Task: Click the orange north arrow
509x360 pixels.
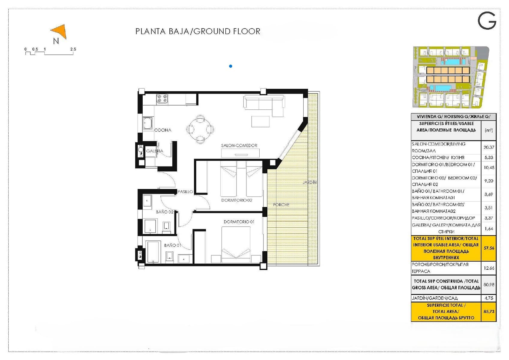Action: click(60, 31)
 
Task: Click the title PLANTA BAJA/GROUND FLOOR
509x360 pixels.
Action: click(198, 31)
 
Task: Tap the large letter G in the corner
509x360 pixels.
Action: click(487, 21)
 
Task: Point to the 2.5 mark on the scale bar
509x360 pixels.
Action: click(73, 49)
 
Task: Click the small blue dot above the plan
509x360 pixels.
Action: click(231, 66)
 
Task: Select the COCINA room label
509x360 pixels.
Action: click(163, 130)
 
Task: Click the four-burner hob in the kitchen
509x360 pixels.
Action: click(162, 99)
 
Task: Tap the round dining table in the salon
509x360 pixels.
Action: click(200, 129)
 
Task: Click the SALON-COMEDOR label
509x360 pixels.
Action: click(239, 145)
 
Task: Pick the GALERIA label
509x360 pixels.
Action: click(155, 151)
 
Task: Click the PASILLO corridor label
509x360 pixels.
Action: click(185, 191)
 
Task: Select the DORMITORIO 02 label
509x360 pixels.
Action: click(237, 200)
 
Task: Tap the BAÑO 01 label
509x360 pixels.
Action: click(172, 245)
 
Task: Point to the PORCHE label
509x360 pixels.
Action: click(281, 205)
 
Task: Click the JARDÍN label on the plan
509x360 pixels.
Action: click(310, 182)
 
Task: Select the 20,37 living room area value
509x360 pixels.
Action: click(489, 147)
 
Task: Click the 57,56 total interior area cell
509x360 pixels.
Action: click(489, 248)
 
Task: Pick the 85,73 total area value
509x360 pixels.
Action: click(489, 311)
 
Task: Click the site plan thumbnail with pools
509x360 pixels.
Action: click(451, 77)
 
